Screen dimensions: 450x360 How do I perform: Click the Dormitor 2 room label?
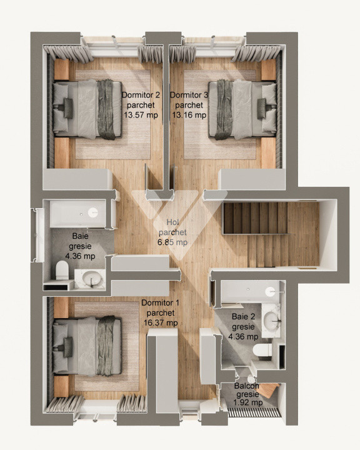(141, 96)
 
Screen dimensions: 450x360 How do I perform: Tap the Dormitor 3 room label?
(189, 96)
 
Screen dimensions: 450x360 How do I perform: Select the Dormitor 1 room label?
(161, 303)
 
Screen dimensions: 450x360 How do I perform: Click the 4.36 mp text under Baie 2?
(243, 336)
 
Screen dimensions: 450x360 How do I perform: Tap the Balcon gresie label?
(247, 391)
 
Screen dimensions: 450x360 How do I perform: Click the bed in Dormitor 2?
(87, 109)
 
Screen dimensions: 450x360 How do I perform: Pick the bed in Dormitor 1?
(87, 346)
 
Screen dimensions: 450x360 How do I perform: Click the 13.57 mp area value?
(141, 115)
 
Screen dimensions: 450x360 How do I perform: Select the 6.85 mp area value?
(172, 242)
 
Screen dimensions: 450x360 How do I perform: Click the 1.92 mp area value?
(247, 402)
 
